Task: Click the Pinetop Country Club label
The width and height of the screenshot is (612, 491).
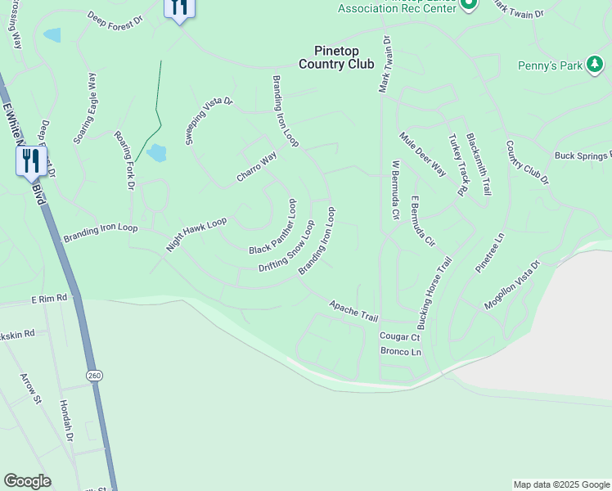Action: [x=335, y=57]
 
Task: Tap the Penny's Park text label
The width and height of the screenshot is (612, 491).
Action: [x=550, y=65]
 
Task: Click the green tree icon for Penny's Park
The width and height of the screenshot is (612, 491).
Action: [x=596, y=66]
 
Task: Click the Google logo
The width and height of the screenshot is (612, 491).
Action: [x=27, y=481]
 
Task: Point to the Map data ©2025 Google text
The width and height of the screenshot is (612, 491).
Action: [x=561, y=484]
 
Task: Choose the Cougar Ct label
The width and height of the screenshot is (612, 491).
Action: [x=399, y=336]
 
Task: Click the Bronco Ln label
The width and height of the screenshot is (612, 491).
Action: [x=400, y=352]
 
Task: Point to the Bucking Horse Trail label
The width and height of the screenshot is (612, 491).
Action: [x=435, y=292]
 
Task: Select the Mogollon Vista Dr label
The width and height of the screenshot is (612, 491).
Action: [x=512, y=286]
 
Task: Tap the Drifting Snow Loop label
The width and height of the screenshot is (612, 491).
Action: [x=286, y=246]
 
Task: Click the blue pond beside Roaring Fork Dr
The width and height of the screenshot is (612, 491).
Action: [x=156, y=153]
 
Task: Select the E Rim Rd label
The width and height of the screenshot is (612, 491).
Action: [x=49, y=300]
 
